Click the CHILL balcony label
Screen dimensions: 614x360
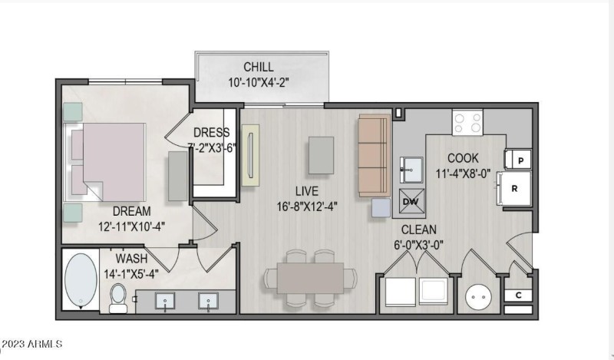[259, 67]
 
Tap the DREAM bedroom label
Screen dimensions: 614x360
[131, 211]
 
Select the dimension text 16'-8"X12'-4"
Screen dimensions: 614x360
[307, 206]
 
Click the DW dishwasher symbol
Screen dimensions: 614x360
[411, 201]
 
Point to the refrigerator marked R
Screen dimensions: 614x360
[514, 188]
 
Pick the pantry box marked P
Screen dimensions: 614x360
[518, 160]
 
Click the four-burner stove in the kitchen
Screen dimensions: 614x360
[467, 123]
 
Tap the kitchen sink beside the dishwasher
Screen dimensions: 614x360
[411, 170]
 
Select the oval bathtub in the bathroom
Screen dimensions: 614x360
[81, 280]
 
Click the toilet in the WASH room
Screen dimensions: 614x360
[118, 299]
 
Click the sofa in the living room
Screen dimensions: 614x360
[374, 156]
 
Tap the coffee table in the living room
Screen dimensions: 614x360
[321, 155]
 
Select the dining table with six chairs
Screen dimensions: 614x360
[310, 278]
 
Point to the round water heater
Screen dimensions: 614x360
[478, 297]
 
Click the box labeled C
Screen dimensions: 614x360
[518, 295]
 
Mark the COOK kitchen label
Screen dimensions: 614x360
[463, 158]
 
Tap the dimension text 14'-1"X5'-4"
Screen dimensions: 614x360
[131, 274]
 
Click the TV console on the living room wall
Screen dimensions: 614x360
[251, 155]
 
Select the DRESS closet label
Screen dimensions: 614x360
[212, 132]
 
